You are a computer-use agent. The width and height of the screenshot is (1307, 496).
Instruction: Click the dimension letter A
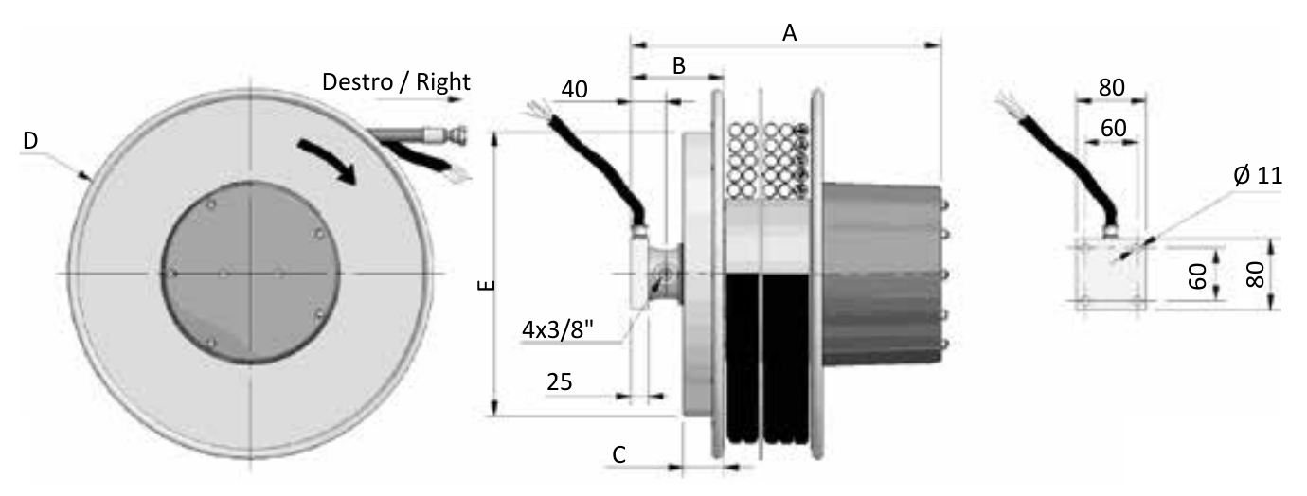coord(790,33)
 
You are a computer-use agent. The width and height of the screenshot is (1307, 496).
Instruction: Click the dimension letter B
coord(678,66)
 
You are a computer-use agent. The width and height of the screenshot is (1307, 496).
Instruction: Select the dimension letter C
coord(619,454)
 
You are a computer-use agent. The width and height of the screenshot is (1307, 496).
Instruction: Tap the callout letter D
coord(30,140)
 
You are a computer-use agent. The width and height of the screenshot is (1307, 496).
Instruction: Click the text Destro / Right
coord(396,82)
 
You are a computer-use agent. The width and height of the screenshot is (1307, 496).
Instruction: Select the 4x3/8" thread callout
coord(558,330)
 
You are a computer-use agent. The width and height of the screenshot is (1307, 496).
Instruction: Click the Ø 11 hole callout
coord(1258,175)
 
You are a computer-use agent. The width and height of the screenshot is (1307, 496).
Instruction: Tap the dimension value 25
coord(560,381)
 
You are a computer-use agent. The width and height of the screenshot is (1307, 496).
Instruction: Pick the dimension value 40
coord(574,89)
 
